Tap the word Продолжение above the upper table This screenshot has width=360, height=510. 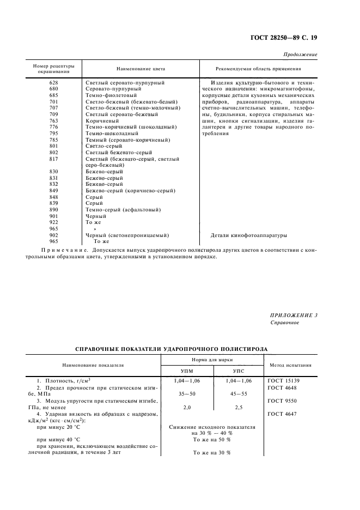[301, 55]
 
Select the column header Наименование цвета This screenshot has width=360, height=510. [141, 69]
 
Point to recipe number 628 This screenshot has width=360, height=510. [53, 82]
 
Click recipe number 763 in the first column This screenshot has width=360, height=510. [53, 120]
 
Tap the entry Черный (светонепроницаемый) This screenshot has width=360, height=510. [127, 235]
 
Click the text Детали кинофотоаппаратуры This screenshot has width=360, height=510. [248, 235]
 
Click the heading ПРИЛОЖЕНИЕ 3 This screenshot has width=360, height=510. [294, 315]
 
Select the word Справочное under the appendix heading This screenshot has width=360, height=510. [284, 322]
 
